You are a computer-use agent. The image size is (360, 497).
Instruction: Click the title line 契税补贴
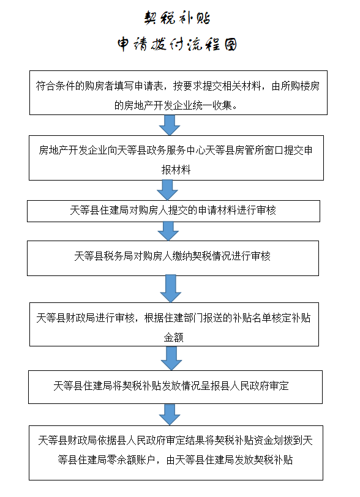(x=177, y=18)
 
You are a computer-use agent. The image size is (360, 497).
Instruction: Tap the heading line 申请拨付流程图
(x=177, y=44)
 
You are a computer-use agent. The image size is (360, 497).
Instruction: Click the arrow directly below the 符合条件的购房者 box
(x=170, y=125)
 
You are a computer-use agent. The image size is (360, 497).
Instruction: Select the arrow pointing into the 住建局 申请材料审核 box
(x=167, y=190)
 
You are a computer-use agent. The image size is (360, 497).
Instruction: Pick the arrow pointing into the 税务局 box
(x=168, y=231)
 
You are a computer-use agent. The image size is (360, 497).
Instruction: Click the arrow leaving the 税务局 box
(x=171, y=288)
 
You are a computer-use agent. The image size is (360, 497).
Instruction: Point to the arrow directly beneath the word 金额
(x=171, y=358)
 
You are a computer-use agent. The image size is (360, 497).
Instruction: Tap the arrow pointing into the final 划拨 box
(x=170, y=414)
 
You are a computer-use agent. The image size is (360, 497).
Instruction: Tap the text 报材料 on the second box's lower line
(x=176, y=170)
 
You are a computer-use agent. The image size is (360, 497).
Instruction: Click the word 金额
(x=173, y=337)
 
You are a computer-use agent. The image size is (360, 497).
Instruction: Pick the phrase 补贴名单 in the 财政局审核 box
(x=252, y=318)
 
